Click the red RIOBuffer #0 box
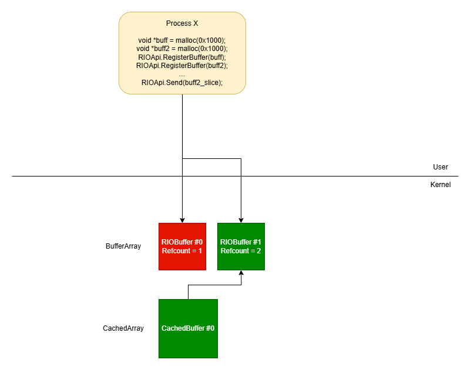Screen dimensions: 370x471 182,246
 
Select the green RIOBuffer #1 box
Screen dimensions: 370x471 241,246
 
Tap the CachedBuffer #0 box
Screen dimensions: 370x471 188,328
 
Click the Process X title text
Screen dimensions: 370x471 182,23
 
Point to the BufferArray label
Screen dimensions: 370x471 123,246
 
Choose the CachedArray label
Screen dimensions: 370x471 123,328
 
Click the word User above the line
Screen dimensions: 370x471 440,167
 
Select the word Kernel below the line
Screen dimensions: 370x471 440,184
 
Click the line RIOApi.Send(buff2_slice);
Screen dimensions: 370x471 182,83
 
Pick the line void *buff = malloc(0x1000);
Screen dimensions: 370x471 182,39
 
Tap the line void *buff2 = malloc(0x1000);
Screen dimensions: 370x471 182,48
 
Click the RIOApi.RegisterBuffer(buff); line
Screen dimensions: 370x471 182,57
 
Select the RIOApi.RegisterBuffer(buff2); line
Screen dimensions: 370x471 182,66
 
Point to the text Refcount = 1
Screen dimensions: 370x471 182,251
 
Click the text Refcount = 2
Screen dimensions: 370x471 241,251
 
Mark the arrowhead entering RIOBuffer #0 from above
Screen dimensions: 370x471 182,220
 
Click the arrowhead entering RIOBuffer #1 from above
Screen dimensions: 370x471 241,220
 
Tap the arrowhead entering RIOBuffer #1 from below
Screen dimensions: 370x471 241,273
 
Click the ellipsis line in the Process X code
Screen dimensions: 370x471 182,74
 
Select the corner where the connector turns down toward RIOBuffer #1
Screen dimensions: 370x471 241,158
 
